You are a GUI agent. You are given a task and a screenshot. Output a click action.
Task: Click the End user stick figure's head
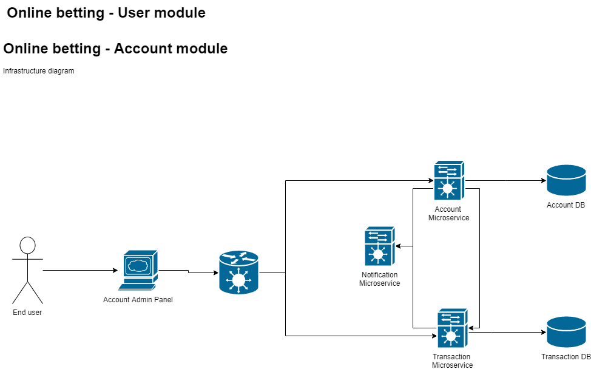click(27, 245)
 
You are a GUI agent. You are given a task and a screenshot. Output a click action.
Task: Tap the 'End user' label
click(27, 313)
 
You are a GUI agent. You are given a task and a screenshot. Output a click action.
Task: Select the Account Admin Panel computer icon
click(138, 269)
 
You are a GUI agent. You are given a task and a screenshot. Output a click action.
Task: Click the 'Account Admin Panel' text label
click(138, 300)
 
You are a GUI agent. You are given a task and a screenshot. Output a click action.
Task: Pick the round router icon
click(238, 273)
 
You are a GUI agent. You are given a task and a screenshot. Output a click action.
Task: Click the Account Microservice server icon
click(449, 180)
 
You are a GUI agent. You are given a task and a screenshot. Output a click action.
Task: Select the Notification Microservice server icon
click(379, 246)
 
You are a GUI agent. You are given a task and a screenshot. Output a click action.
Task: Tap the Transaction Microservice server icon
click(452, 328)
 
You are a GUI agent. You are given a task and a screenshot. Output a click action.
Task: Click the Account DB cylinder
click(566, 180)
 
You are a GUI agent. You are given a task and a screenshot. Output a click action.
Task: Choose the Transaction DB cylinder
click(566, 332)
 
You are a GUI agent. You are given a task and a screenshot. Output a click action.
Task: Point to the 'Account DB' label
click(566, 205)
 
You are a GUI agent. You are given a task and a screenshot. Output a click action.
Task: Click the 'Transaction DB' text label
click(566, 357)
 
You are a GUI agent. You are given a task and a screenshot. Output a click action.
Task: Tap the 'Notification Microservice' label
click(379, 279)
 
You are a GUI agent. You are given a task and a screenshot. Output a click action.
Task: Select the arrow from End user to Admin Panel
click(79, 270)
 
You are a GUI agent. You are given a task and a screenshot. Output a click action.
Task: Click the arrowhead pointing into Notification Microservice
click(399, 246)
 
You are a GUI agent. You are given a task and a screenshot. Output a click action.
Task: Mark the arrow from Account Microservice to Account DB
click(504, 181)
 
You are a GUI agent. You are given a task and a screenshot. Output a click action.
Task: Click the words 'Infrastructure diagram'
click(39, 71)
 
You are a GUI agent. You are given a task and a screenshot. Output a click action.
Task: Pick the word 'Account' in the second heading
click(140, 49)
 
